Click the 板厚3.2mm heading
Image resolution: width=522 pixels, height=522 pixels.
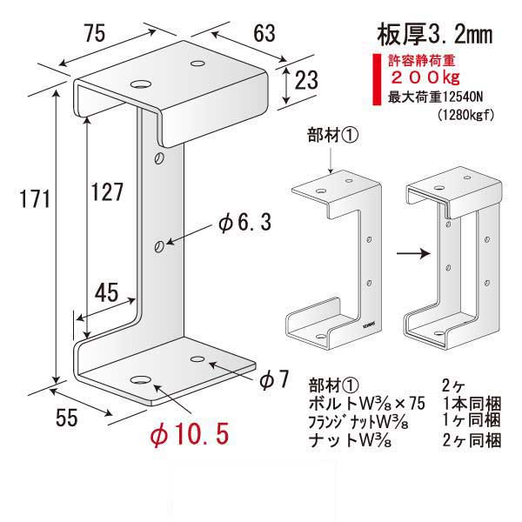click(x=432, y=35)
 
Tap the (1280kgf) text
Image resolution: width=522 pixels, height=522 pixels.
click(x=462, y=114)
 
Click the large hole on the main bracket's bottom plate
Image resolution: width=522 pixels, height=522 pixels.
click(x=140, y=380)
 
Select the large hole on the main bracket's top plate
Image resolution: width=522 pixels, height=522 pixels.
click(x=138, y=84)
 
